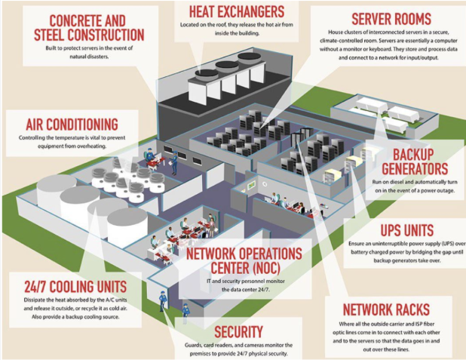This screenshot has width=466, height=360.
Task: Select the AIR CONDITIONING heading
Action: [x=71, y=124]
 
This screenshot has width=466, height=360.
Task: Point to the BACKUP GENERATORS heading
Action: [x=415, y=161]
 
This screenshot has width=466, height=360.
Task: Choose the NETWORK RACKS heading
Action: [x=387, y=309]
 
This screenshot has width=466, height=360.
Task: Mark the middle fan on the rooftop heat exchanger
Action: [x=227, y=66]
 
